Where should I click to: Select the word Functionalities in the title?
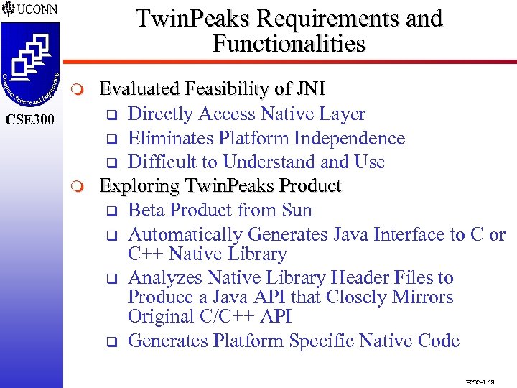point(289,44)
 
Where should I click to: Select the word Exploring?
point(138,186)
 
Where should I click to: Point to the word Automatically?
point(185,234)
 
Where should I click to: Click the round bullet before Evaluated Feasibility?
point(79,90)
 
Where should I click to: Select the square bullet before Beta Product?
point(111,211)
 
